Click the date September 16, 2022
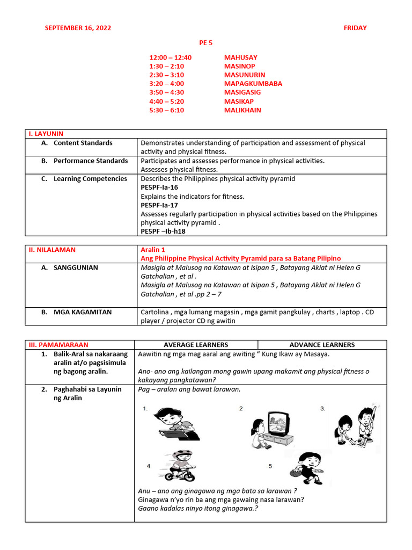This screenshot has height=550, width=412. [x=78, y=28]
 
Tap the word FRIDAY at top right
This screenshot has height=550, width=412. [x=355, y=28]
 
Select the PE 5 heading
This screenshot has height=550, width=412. [x=206, y=42]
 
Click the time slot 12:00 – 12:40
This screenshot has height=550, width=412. [x=170, y=57]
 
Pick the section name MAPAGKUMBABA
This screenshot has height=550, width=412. [x=253, y=84]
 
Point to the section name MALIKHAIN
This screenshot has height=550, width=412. [x=242, y=110]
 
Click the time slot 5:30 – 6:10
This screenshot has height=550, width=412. [x=166, y=110]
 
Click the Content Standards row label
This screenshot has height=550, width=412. [x=83, y=143]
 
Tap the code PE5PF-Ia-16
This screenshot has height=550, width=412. [x=159, y=187]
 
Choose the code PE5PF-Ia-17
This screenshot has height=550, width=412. [x=159, y=205]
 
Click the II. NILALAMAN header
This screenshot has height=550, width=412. [x=52, y=250]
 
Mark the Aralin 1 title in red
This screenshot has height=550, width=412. [x=152, y=250]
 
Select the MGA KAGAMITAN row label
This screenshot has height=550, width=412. [x=83, y=312]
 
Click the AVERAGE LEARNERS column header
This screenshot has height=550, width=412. [x=196, y=345]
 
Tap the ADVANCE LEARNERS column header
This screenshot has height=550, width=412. [x=322, y=345]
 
